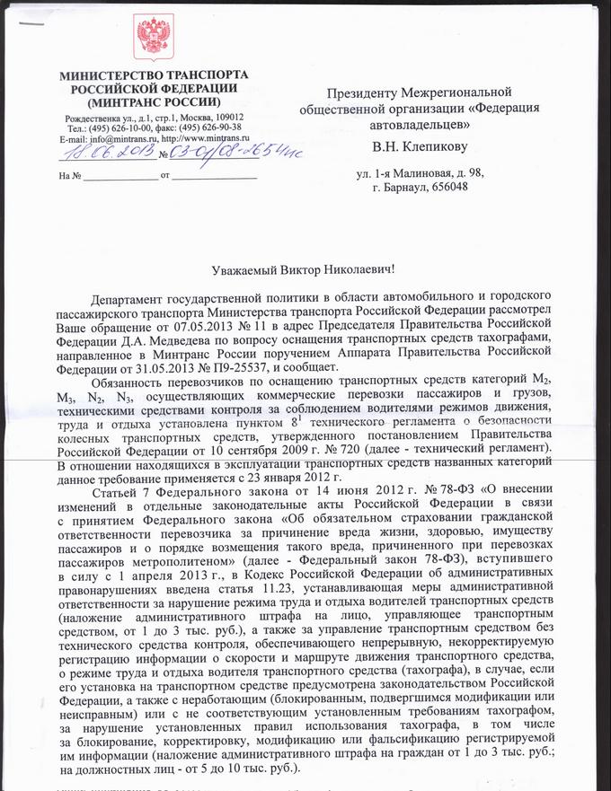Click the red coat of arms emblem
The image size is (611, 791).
154,38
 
